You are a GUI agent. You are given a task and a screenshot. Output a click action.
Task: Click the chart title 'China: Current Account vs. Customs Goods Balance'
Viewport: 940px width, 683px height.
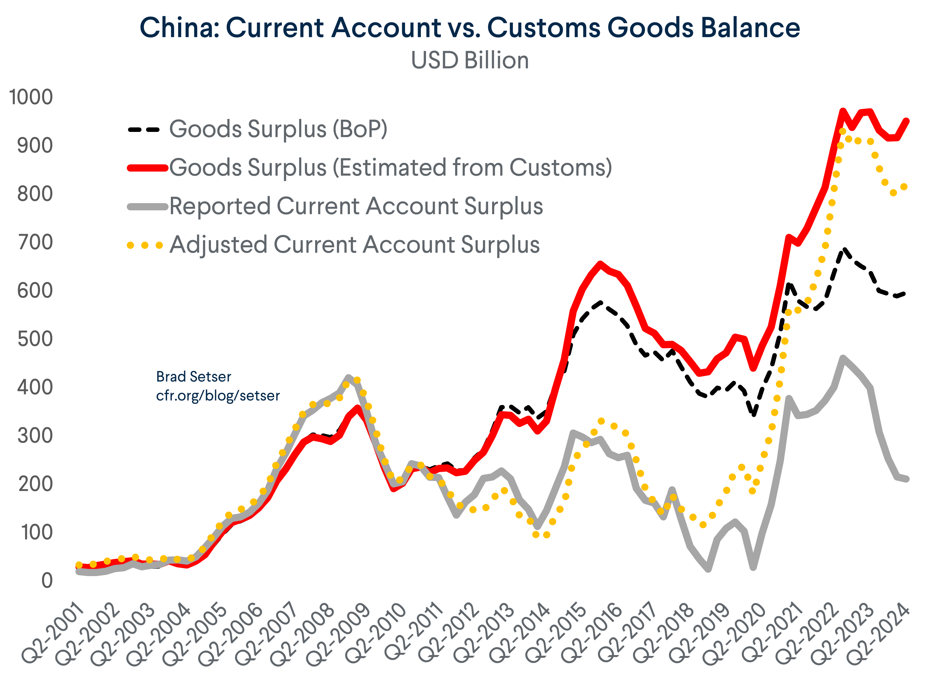pyautogui.click(x=470, y=27)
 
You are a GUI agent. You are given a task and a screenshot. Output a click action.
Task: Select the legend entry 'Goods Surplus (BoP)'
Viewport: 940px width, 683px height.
pyautogui.click(x=278, y=129)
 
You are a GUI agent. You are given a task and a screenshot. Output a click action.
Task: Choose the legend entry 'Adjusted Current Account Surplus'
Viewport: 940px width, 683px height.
pyautogui.click(x=354, y=245)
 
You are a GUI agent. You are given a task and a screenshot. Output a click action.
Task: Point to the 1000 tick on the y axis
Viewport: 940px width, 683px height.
pyautogui.click(x=31, y=97)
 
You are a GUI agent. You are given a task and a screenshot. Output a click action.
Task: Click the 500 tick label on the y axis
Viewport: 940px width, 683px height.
pyautogui.click(x=35, y=339)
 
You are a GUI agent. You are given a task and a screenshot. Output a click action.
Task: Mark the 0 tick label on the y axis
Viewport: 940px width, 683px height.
pyautogui.click(x=47, y=581)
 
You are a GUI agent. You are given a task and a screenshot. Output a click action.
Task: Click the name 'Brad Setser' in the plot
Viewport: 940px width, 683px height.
pyautogui.click(x=193, y=377)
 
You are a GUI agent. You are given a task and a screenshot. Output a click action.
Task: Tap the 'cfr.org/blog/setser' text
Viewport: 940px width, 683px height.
pyautogui.click(x=218, y=396)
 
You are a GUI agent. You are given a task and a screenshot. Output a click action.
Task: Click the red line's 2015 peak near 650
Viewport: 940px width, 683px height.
pyautogui.click(x=600, y=264)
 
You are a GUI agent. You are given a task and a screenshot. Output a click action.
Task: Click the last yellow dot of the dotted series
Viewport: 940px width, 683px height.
pyautogui.click(x=904, y=187)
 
